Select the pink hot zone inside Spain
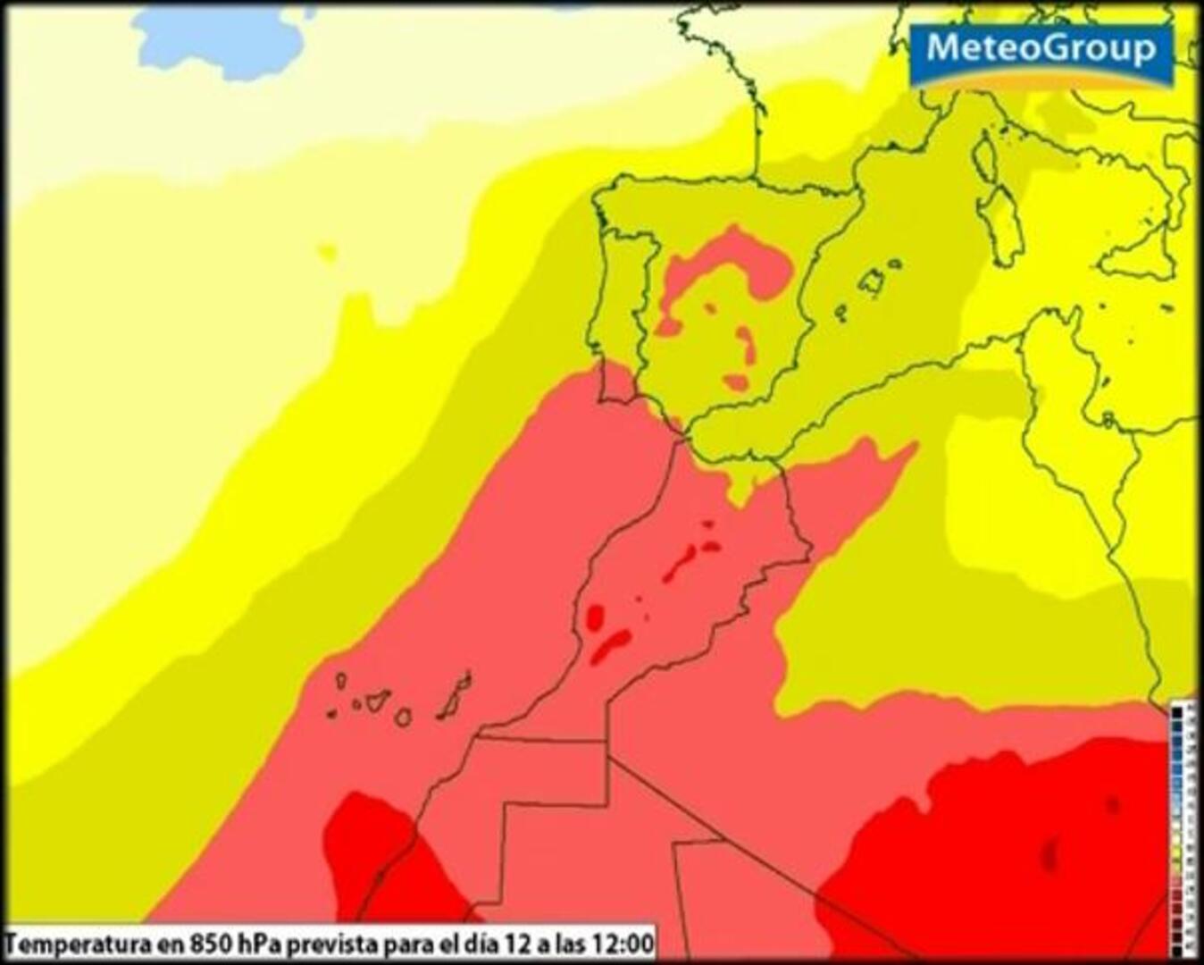pos(728,268)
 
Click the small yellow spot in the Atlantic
pos(328,253)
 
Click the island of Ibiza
pos(840,313)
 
